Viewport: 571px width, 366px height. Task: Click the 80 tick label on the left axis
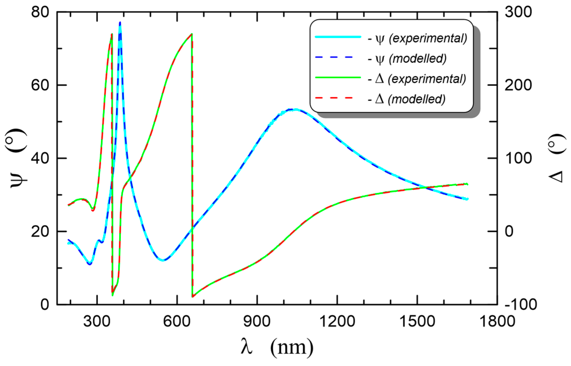(x=40, y=12)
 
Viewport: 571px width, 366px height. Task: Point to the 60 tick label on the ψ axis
(x=40, y=85)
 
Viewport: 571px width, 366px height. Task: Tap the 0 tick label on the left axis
(x=45, y=304)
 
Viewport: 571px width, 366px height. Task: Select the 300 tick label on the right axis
(x=518, y=12)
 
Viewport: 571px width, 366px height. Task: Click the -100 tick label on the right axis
(x=521, y=304)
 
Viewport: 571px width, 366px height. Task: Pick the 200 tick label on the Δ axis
(x=518, y=85)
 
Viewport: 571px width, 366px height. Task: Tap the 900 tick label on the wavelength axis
(x=257, y=321)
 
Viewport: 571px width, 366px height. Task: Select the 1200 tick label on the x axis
(x=337, y=321)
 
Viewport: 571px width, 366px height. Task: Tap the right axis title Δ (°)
(x=557, y=158)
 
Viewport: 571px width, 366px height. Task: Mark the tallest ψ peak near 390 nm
(x=120, y=23)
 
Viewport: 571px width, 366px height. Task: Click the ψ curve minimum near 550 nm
(x=163, y=260)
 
